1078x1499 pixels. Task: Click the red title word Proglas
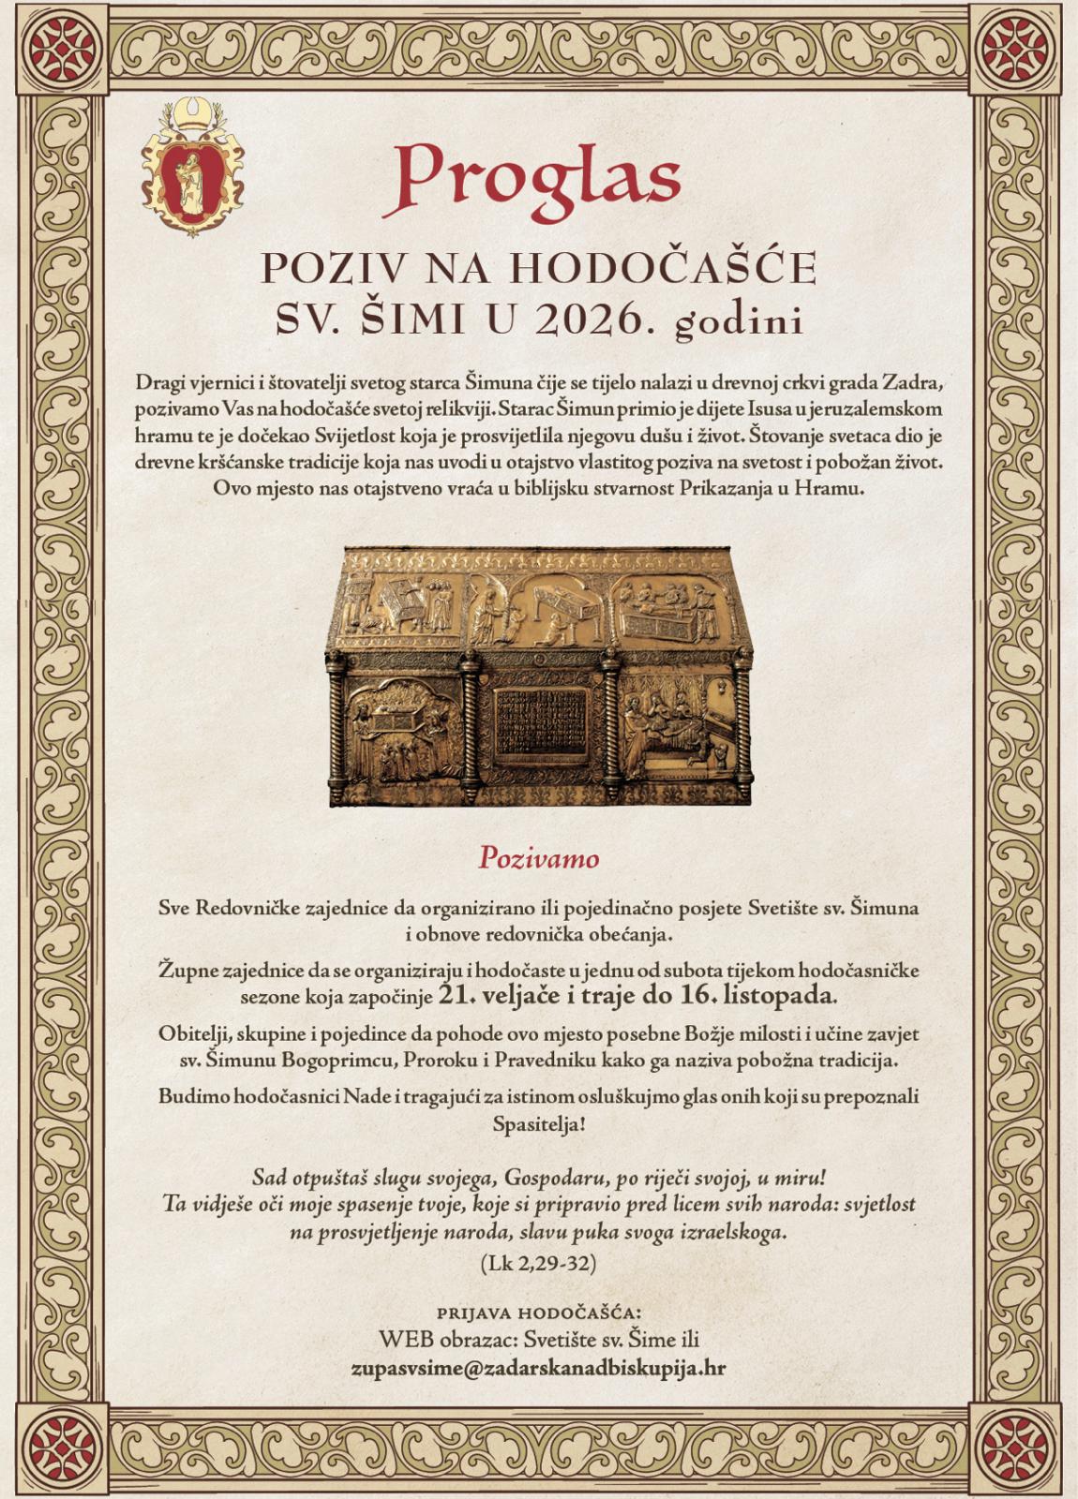537,175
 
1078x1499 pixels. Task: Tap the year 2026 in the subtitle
580,320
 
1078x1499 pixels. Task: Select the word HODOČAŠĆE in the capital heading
664,268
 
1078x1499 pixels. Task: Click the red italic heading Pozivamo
538,857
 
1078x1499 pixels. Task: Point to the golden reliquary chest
541,675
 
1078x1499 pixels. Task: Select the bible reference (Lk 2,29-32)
538,1263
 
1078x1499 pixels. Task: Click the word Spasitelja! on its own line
538,1122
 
